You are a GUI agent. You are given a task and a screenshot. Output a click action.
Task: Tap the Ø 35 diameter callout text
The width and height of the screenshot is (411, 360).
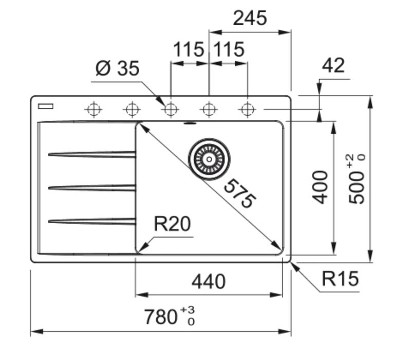117,68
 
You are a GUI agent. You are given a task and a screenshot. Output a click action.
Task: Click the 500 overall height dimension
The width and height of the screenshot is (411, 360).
359,183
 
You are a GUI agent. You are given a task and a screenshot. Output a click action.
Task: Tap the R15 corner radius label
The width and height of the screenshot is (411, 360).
341,279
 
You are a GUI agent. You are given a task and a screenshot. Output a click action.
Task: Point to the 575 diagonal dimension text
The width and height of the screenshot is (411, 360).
239,193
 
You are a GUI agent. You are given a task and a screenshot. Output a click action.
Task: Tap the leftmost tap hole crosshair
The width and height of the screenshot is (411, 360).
94,109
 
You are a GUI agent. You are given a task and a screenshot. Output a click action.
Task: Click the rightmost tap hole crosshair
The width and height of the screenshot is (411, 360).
248,109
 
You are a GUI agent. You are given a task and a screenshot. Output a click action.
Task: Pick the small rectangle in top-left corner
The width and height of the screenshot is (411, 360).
45,106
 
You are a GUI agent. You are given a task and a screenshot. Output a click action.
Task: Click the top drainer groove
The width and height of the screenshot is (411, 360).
92,154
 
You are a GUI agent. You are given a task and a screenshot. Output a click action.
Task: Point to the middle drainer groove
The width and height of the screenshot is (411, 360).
92,188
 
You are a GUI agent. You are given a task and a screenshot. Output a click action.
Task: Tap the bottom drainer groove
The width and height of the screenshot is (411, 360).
92,221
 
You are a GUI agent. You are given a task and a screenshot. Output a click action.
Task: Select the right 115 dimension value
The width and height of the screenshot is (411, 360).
228,50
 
